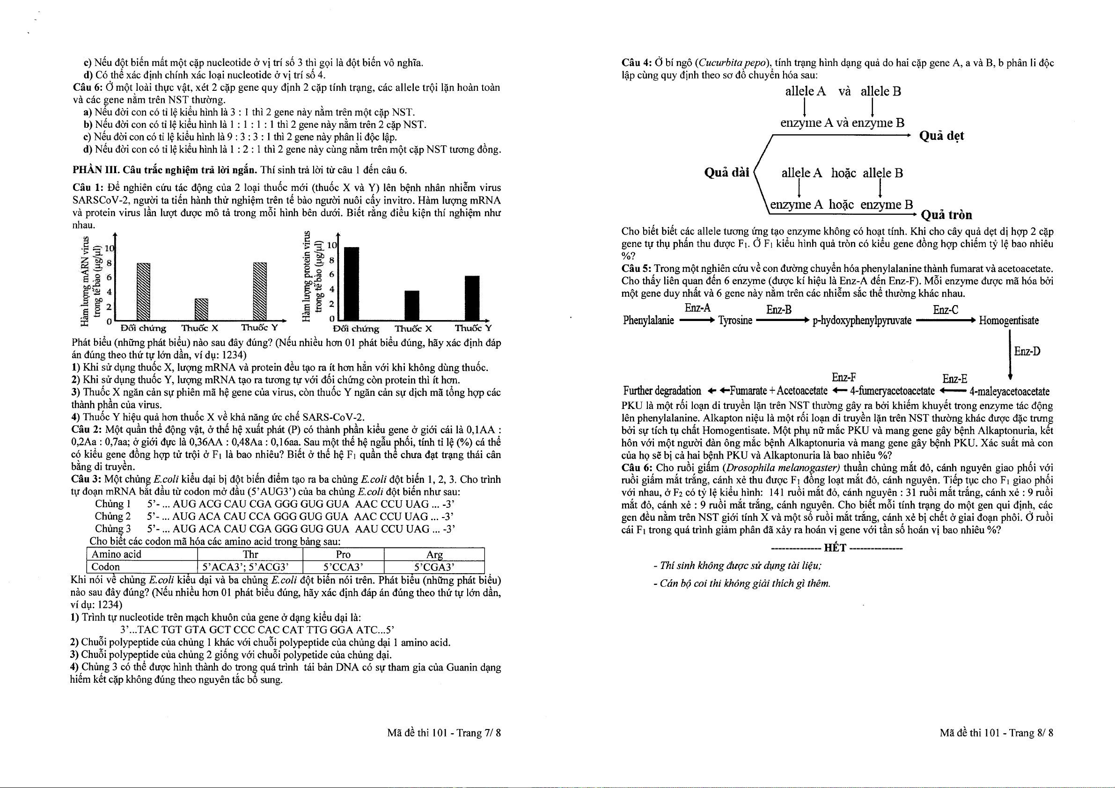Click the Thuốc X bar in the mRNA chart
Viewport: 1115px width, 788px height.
pyautogui.click(x=201, y=310)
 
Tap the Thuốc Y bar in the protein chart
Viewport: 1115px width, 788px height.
pyautogui.click(x=471, y=298)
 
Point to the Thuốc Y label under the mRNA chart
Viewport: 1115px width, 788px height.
pyautogui.click(x=259, y=328)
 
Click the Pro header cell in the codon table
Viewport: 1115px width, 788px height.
pyautogui.click(x=343, y=555)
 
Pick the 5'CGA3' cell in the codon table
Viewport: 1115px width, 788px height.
pyautogui.click(x=434, y=567)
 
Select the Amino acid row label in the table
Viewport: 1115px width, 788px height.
pyautogui.click(x=117, y=555)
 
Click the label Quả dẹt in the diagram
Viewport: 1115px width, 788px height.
pyautogui.click(x=941, y=136)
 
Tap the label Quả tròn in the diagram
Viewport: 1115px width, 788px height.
pyautogui.click(x=946, y=215)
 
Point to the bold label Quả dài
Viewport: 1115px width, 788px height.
pyautogui.click(x=726, y=173)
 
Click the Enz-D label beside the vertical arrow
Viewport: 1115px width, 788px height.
pyautogui.click(x=1027, y=351)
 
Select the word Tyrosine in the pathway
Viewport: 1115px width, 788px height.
pyautogui.click(x=735, y=321)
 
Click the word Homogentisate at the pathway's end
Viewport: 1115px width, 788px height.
pyautogui.click(x=1009, y=321)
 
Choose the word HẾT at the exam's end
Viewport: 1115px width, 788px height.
pyautogui.click(x=835, y=548)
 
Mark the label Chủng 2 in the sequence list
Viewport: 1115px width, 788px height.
pyautogui.click(x=113, y=517)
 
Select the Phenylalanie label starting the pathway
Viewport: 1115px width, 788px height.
pyautogui.click(x=648, y=321)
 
